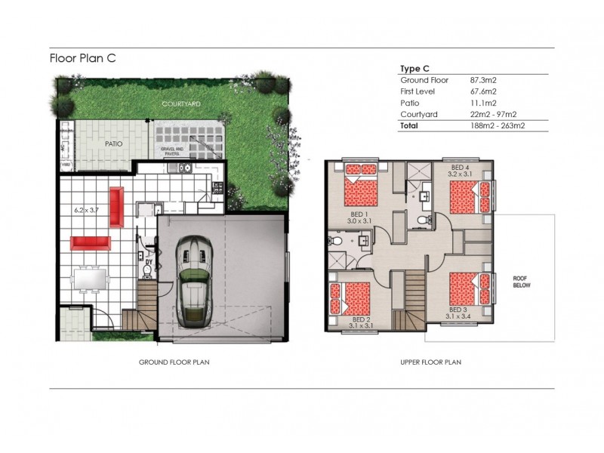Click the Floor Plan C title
coord(82,57)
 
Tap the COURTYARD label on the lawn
coord(180,103)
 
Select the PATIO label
coord(113,143)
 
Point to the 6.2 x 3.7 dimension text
coord(86,210)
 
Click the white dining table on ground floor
coord(91,279)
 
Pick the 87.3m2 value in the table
coord(483,79)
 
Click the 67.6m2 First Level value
coord(483,91)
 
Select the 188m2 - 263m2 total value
coord(498,126)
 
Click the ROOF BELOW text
coord(524,280)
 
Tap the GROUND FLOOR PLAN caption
coord(174,362)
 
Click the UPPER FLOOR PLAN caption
coord(430,362)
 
